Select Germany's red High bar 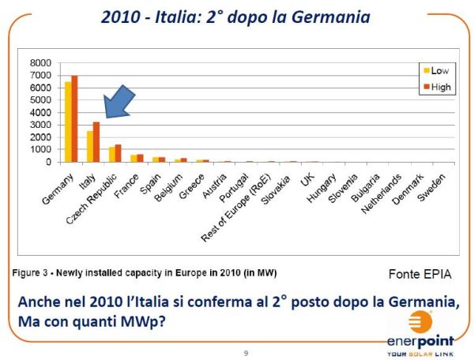pyautogui.click(x=74, y=118)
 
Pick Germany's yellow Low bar pyautogui.click(x=68, y=122)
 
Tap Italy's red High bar pyautogui.click(x=96, y=142)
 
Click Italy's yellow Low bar pyautogui.click(x=90, y=146)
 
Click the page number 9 pyautogui.click(x=246, y=351)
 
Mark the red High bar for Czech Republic pyautogui.click(x=118, y=153)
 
